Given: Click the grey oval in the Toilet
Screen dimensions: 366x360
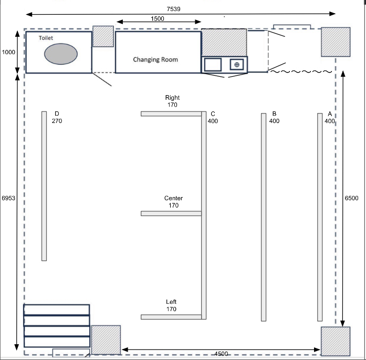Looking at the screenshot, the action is [61, 54].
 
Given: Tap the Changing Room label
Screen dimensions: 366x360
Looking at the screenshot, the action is [155, 59].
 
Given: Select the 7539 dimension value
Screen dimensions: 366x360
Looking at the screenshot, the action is [173, 9].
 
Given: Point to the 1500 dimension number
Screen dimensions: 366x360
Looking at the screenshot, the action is [158, 19].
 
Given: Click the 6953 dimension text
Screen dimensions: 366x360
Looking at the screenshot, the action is [8, 198].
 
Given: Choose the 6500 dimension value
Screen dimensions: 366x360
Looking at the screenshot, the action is [351, 198].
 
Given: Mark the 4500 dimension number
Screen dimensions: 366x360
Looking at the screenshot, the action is [221, 354].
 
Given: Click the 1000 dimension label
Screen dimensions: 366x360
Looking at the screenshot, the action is [8, 52].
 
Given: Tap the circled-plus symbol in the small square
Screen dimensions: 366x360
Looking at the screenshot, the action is [237, 65].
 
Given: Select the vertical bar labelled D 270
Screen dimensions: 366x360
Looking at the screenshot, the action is [44, 186].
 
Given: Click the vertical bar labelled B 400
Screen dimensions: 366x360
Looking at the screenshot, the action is [264, 217].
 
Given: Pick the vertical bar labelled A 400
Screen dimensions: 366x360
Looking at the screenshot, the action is [320, 217].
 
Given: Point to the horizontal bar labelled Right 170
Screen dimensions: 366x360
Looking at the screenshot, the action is [171, 114].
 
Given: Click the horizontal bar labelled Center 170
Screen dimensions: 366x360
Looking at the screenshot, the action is [171, 213].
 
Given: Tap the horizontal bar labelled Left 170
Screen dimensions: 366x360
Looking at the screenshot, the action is [171, 317].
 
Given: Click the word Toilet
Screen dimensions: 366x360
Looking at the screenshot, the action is [46, 38].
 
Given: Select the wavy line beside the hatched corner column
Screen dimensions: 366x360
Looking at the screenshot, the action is [301, 71].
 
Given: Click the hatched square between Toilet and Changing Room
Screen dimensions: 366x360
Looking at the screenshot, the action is [103, 36].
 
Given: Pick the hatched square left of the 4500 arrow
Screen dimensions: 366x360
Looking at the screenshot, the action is [106, 340].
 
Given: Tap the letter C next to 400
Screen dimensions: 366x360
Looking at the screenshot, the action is [213, 114].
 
